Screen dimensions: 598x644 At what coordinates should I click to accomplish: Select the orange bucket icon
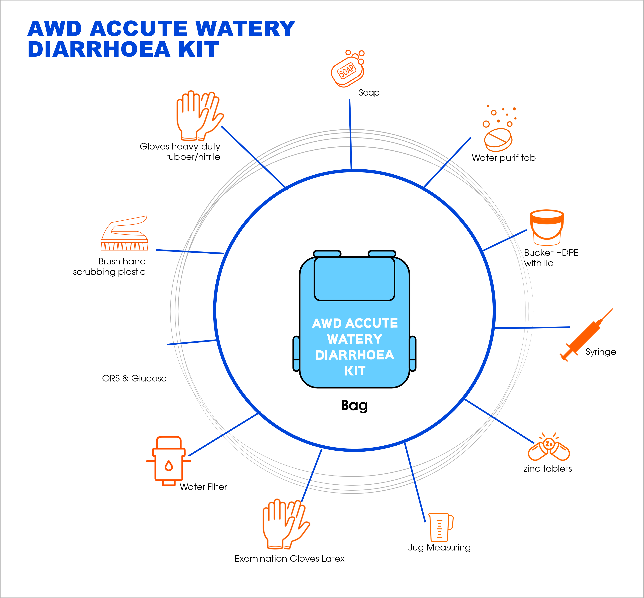(547, 227)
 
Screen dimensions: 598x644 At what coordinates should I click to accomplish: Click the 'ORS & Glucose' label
(134, 378)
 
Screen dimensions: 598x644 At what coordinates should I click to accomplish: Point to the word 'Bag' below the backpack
(354, 405)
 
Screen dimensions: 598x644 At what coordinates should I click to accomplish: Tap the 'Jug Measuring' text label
(439, 547)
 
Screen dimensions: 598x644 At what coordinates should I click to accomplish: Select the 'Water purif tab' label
(503, 158)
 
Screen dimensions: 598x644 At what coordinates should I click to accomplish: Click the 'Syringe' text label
(600, 352)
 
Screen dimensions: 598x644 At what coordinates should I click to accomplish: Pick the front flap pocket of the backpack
(354, 278)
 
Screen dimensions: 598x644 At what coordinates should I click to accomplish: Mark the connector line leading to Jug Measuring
(415, 482)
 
